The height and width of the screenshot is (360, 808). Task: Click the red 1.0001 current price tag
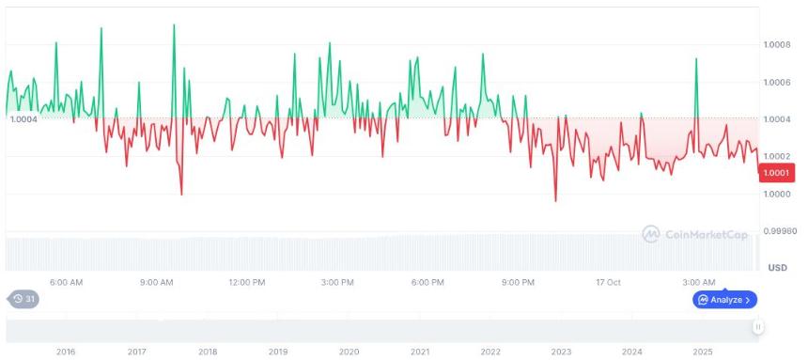(x=776, y=172)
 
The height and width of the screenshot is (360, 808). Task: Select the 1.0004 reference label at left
(x=23, y=118)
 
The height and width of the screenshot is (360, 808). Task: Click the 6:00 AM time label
(x=66, y=282)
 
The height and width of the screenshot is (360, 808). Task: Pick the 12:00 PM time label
(x=246, y=282)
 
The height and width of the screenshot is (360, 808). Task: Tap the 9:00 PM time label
(x=518, y=282)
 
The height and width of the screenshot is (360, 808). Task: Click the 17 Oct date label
(x=608, y=282)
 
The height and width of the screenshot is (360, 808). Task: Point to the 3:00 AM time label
(x=699, y=282)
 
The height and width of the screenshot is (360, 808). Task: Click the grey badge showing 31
(x=23, y=300)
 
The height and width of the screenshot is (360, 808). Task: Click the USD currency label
(x=777, y=268)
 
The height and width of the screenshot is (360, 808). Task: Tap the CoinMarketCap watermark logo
(x=695, y=234)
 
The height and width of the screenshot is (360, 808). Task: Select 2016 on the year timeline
(x=66, y=352)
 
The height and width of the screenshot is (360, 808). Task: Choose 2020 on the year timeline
(x=349, y=352)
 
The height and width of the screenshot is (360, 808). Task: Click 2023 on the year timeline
(x=561, y=352)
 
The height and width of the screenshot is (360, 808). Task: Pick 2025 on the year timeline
(x=703, y=352)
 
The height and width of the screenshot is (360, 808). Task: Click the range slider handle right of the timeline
(x=757, y=327)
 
